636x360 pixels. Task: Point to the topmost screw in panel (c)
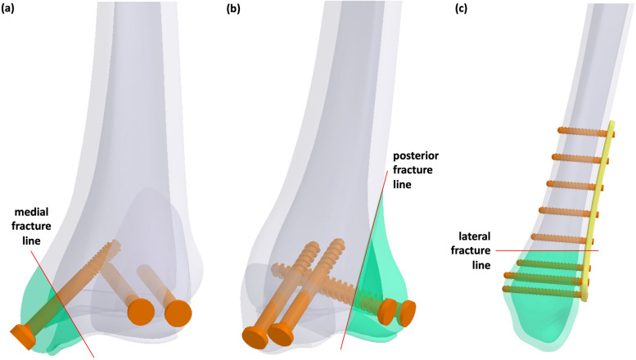pyautogui.click(x=583, y=131)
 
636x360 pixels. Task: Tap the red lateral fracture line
pyautogui.click(x=557, y=250)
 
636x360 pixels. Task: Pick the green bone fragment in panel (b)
pyautogui.click(x=372, y=262)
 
